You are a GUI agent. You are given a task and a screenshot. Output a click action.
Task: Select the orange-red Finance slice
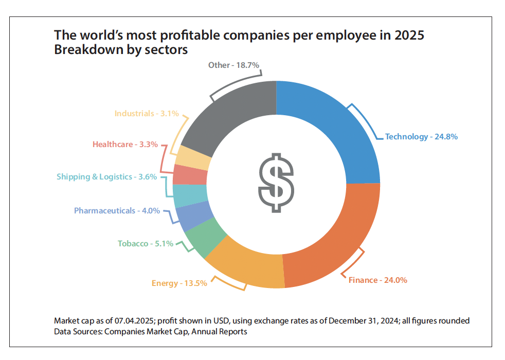click(x=334, y=242)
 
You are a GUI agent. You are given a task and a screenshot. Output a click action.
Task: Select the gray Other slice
click(x=231, y=118)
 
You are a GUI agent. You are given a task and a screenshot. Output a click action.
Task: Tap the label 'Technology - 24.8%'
click(x=421, y=137)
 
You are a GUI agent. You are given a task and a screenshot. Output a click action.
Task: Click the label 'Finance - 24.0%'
click(x=378, y=280)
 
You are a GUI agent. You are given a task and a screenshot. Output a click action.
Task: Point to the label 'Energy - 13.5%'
click(x=179, y=283)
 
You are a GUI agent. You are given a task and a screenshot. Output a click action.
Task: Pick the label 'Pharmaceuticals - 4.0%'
click(x=117, y=211)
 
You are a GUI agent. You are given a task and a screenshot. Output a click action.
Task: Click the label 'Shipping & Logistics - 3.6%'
click(x=107, y=177)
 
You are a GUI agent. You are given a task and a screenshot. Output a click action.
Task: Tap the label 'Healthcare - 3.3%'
click(x=125, y=145)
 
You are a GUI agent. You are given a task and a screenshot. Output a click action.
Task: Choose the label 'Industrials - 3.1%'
click(x=147, y=113)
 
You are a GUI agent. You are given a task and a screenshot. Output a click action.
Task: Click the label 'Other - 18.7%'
click(x=233, y=65)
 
